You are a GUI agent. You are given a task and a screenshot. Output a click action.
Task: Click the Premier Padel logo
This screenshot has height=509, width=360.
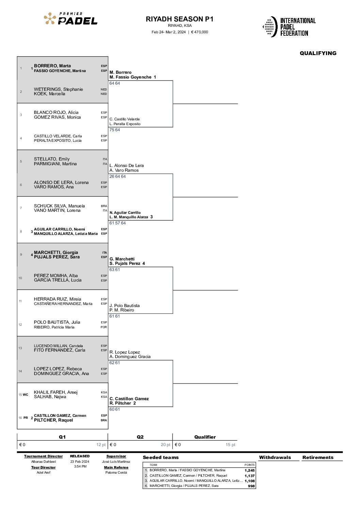[x=70, y=18]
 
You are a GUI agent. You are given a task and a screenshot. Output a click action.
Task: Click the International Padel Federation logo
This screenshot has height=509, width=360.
[x=289, y=27]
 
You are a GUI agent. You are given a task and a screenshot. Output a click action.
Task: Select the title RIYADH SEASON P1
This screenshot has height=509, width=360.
[x=180, y=19]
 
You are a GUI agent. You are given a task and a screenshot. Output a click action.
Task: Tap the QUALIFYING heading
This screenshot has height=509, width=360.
[x=318, y=53]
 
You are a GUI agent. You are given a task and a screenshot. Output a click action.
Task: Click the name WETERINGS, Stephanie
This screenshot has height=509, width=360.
[x=59, y=89]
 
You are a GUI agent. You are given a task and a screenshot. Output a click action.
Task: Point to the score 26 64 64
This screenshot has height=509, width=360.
[x=118, y=176]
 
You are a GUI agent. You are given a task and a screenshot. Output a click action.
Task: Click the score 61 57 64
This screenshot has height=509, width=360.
[x=118, y=223]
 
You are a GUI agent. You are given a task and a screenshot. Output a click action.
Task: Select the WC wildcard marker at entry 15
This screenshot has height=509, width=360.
[x=26, y=394]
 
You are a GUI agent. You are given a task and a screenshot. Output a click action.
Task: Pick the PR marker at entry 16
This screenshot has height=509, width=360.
[x=26, y=418]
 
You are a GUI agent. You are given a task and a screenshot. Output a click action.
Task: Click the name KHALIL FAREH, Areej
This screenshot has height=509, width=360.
[x=56, y=392]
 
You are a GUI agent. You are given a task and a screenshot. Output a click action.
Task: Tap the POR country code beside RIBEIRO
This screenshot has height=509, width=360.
[x=104, y=327]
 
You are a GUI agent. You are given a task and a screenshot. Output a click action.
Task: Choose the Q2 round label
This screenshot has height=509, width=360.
[x=140, y=437]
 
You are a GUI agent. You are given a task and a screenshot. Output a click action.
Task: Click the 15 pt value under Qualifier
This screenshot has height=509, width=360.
[x=230, y=445]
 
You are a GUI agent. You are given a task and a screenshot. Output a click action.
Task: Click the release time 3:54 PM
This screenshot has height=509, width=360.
[x=80, y=466]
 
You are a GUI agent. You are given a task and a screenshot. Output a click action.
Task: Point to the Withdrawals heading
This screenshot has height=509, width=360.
[x=275, y=457]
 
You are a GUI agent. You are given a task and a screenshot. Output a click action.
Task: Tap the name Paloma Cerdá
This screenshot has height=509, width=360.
[x=116, y=472]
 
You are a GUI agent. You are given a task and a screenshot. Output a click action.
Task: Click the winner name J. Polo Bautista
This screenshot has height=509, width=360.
[x=125, y=306]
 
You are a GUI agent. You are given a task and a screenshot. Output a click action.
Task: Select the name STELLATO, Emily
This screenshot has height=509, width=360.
[x=52, y=159]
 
